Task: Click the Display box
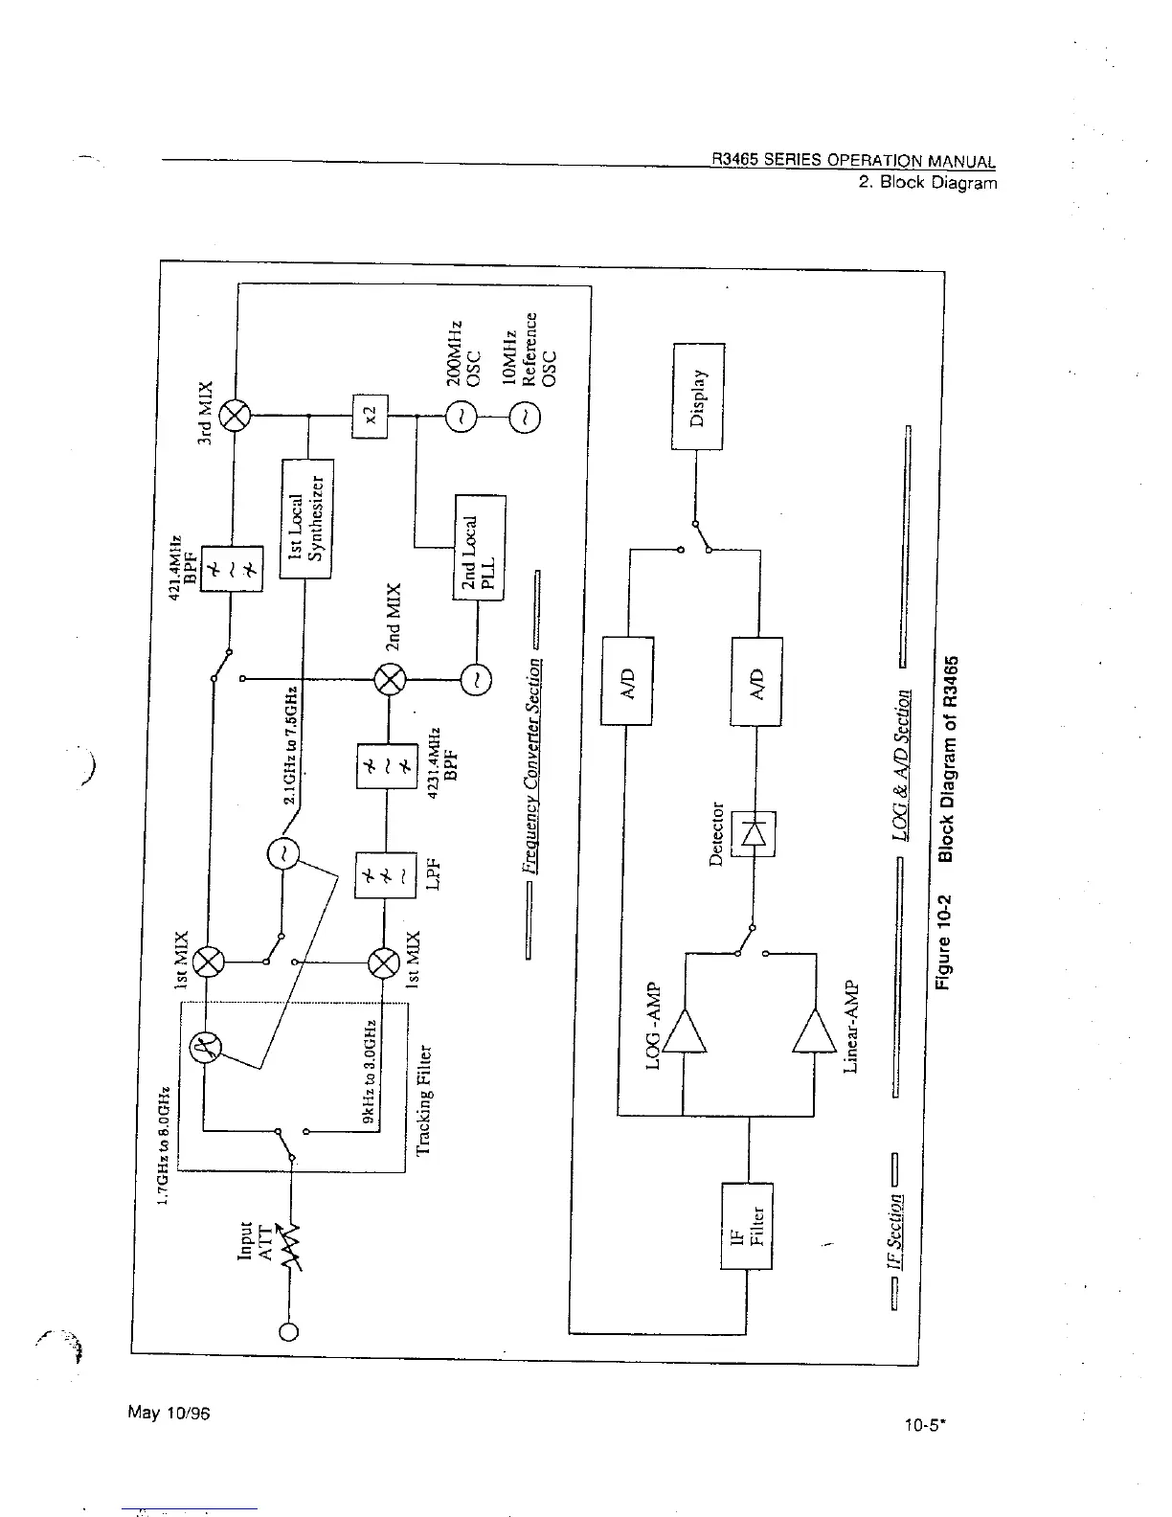coord(698,396)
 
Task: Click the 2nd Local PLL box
coord(479,547)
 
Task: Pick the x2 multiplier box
coord(371,416)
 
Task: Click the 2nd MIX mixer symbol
coord(390,680)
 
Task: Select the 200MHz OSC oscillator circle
coord(461,417)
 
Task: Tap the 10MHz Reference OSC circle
coord(525,417)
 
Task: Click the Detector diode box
coord(753,833)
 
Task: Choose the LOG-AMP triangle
coord(685,1031)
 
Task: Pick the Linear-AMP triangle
coord(814,1031)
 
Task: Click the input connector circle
coord(288,1331)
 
